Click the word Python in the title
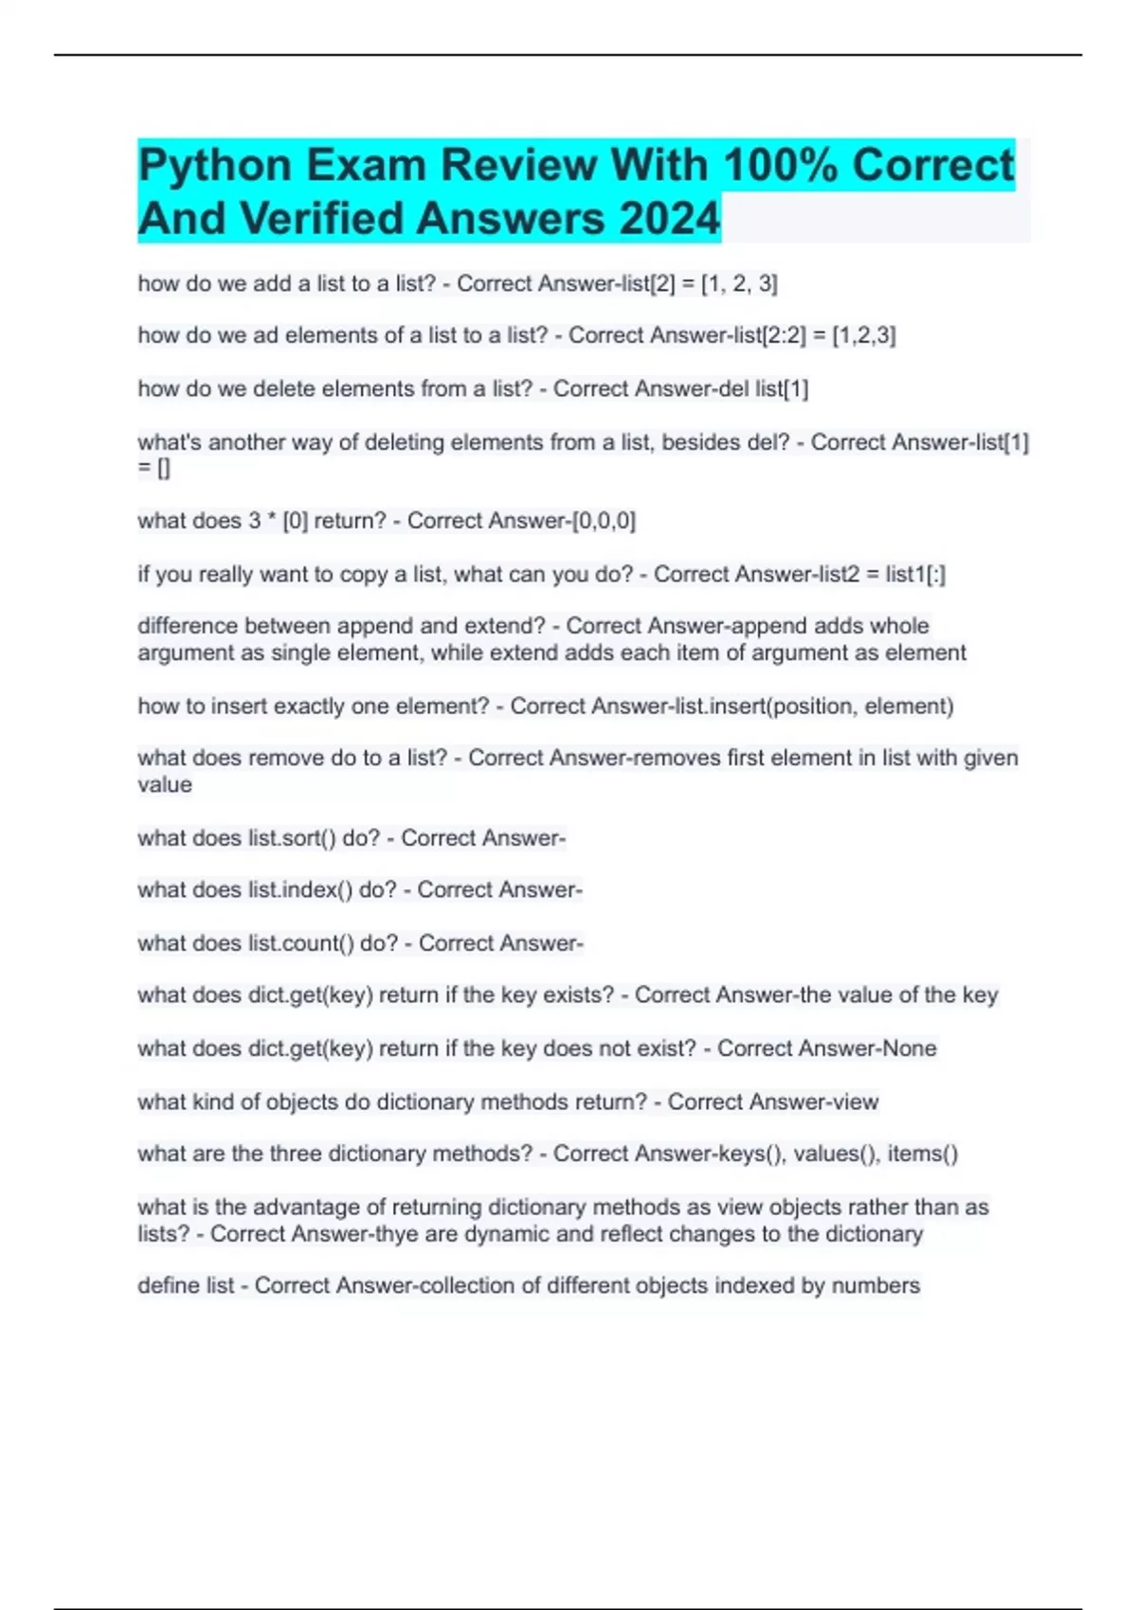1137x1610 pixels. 214,166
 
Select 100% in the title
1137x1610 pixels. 781,166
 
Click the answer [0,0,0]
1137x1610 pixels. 604,521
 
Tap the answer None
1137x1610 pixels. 909,1048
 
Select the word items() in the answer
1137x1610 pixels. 923,1154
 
